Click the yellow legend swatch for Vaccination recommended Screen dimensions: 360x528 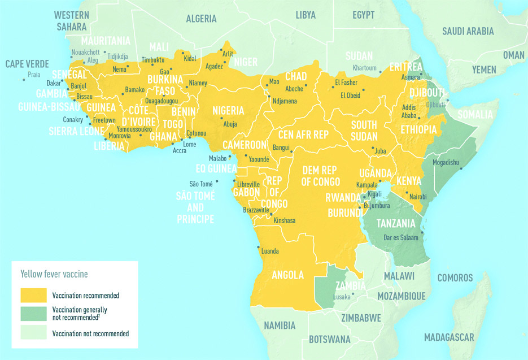coord(34,295)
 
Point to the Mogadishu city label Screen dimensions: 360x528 coord(447,162)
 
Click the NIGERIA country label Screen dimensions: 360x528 coord(228,110)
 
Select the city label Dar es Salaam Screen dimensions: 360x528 coord(404,237)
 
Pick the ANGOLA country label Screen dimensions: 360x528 coord(287,275)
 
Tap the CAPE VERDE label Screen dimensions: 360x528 coord(27,64)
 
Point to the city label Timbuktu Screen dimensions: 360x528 coord(152,59)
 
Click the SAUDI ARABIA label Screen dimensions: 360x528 coord(468,31)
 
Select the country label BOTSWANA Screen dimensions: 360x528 coord(329,340)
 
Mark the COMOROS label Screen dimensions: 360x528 coord(455,278)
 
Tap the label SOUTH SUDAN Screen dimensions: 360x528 coord(364,131)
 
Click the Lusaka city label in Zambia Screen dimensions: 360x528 coord(342,296)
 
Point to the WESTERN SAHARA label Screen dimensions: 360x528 coord(71,20)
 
